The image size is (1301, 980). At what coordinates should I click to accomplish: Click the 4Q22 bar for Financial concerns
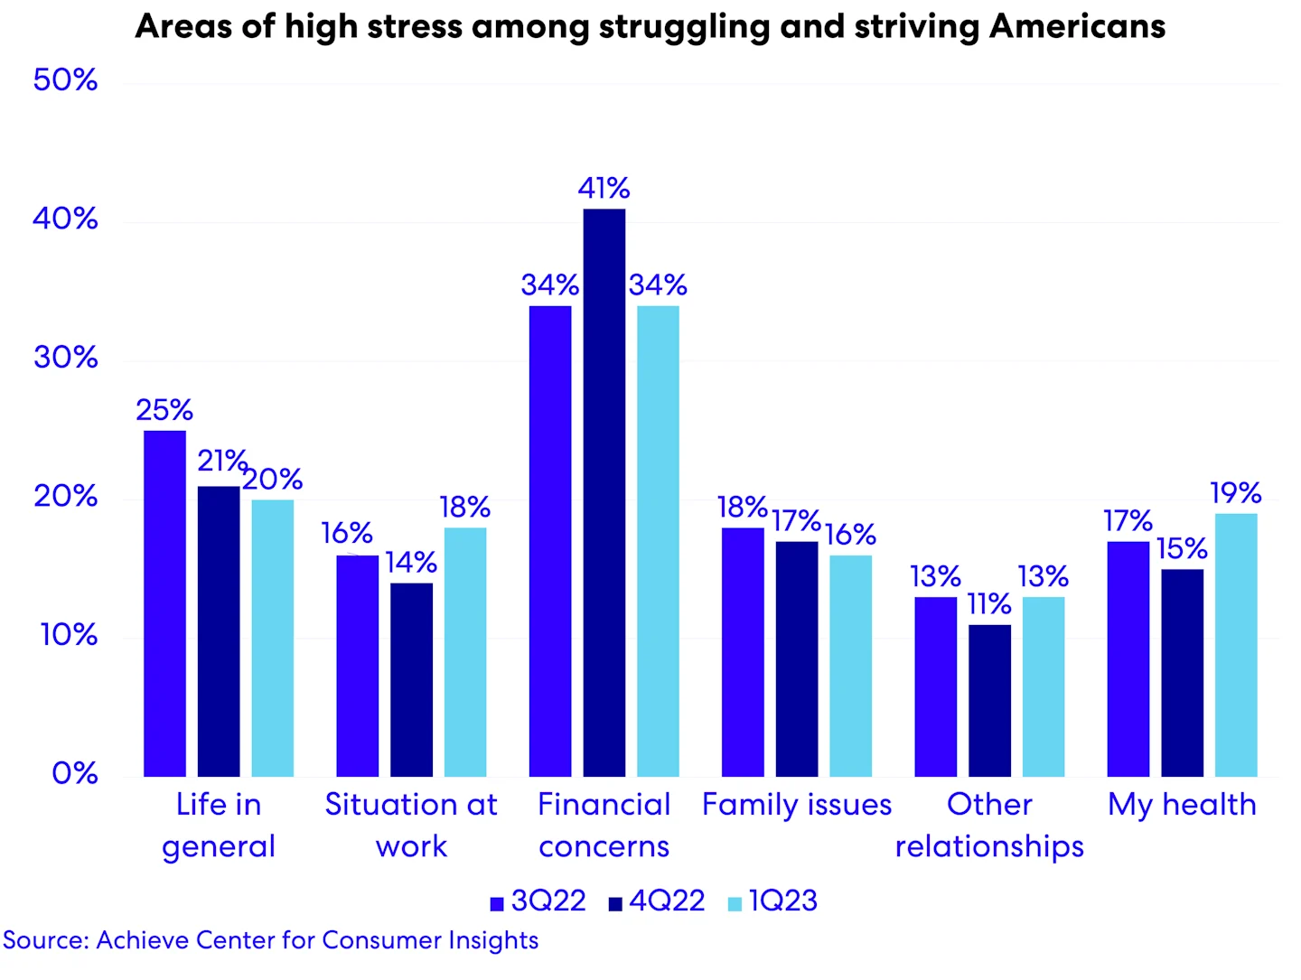[604, 492]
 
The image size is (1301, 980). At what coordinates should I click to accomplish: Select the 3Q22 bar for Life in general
[164, 603]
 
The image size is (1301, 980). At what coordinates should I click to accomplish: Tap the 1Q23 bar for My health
[1236, 645]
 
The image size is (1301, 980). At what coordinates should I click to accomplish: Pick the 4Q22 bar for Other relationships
[989, 700]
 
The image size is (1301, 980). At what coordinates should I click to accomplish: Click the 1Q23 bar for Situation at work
[465, 652]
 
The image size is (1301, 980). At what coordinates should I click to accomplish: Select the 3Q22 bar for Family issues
[743, 652]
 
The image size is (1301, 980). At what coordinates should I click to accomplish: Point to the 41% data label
[604, 189]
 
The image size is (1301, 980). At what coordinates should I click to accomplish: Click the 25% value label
[164, 411]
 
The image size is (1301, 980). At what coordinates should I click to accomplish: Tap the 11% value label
[989, 604]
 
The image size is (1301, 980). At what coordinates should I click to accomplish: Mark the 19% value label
[1236, 493]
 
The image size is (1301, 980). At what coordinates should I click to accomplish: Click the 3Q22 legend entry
[538, 901]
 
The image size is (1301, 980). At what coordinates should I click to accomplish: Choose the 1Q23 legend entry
[773, 901]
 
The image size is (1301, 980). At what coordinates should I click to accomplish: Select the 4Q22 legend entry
[657, 901]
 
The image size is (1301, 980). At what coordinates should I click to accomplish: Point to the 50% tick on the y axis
[65, 80]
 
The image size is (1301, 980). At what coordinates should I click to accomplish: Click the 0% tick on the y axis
[74, 774]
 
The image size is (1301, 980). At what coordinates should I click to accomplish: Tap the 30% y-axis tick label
[65, 358]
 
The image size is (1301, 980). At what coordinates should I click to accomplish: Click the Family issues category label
[797, 805]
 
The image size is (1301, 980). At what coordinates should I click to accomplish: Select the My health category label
[1182, 805]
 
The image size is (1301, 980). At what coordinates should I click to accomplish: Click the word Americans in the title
[1077, 27]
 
